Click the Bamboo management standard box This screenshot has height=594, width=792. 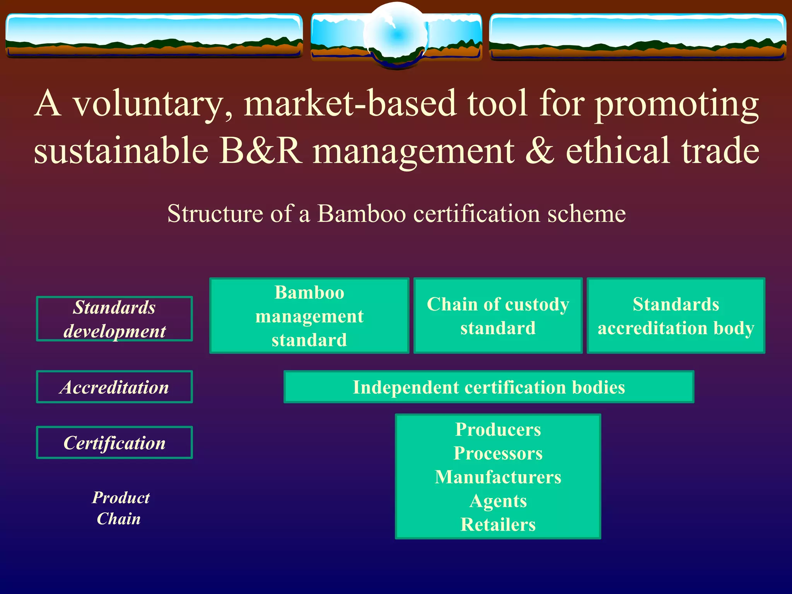coord(309,316)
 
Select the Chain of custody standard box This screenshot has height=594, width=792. coord(498,316)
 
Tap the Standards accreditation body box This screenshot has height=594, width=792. coord(676,316)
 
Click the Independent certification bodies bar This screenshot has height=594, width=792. coord(488,387)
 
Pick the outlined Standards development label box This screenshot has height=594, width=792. coord(114,319)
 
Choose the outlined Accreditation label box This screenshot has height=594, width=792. coord(114,387)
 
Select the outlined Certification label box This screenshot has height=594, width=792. coord(114,443)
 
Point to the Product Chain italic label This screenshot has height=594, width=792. coord(120,508)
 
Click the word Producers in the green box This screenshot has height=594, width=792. coord(498,429)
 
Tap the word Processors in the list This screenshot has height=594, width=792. coord(498,453)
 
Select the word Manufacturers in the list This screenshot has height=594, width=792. coord(498,477)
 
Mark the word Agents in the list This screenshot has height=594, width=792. coord(498,501)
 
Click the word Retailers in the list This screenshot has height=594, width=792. coord(498,525)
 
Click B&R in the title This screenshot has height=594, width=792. coord(261,151)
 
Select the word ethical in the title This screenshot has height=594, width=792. coord(618,151)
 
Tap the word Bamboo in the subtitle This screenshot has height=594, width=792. coord(362,213)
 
